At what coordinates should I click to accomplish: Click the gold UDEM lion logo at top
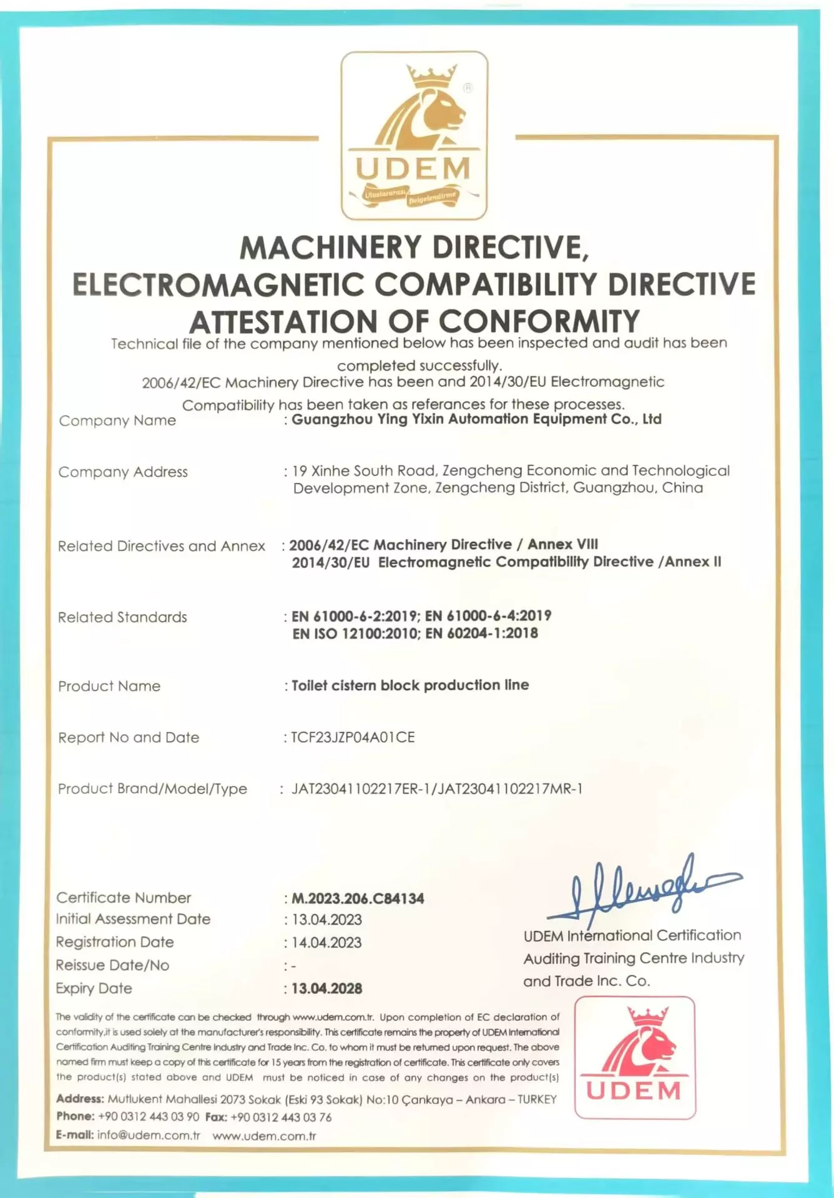tap(414, 135)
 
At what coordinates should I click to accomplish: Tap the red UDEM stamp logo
tap(634, 1057)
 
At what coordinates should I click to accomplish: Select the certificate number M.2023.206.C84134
tap(358, 898)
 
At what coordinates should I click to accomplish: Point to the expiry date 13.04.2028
tap(326, 988)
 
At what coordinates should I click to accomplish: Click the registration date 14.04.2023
tap(326, 942)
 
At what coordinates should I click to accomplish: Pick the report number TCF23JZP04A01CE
tap(353, 737)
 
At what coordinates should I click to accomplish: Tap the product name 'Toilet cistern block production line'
tap(410, 685)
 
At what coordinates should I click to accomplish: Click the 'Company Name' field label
tap(117, 421)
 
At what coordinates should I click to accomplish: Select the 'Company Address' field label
tap(123, 472)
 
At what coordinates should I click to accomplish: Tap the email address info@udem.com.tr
tap(149, 1135)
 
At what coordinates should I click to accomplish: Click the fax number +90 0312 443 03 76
tap(281, 1117)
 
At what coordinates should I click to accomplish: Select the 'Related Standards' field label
tap(122, 617)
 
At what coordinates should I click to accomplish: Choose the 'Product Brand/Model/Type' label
tap(152, 789)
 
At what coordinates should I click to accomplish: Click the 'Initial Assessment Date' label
tap(133, 919)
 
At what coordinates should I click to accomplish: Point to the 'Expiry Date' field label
tap(94, 988)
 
